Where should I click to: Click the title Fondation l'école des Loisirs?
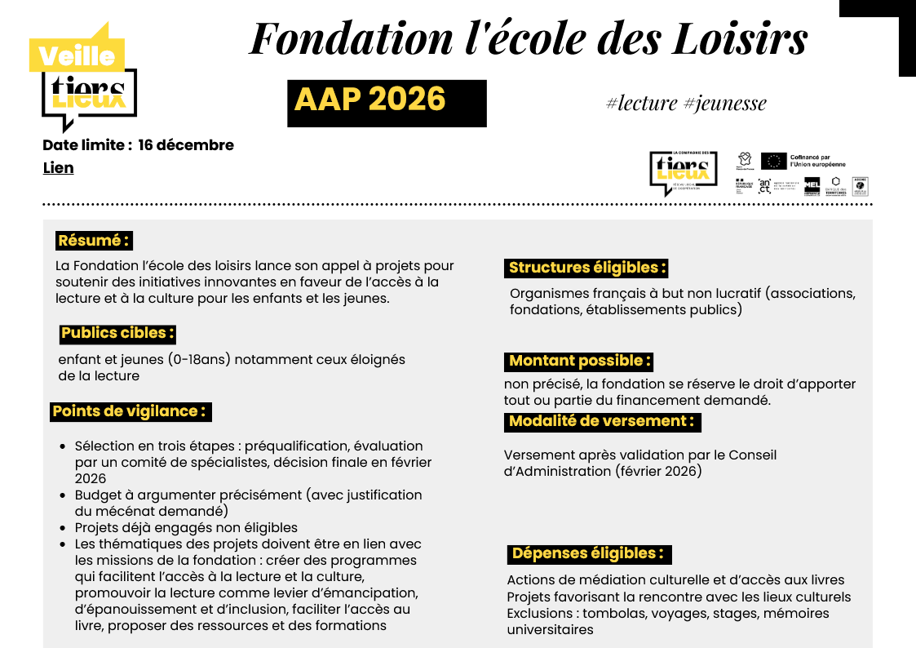528,38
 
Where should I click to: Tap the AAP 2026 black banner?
387,103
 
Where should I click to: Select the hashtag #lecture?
642,103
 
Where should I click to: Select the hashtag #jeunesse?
724,103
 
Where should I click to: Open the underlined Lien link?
58,168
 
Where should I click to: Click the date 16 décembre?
186,145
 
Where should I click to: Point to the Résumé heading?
94,241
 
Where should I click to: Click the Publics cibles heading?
117,333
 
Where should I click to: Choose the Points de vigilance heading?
130,411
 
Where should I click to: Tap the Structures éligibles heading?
587,268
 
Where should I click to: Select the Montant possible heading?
579,361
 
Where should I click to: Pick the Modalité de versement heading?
602,421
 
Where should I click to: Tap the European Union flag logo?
773,161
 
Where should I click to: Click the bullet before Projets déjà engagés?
64,528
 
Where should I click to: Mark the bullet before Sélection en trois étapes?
64,446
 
